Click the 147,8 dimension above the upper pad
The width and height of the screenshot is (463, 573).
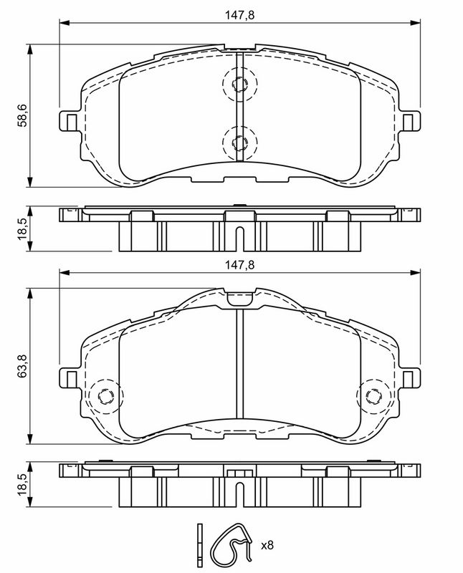coord(239,15)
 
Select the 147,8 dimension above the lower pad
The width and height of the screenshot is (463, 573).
coord(239,265)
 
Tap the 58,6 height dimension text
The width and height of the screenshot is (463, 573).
coord(22,115)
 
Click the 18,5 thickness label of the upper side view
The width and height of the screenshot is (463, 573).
coord(22,228)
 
